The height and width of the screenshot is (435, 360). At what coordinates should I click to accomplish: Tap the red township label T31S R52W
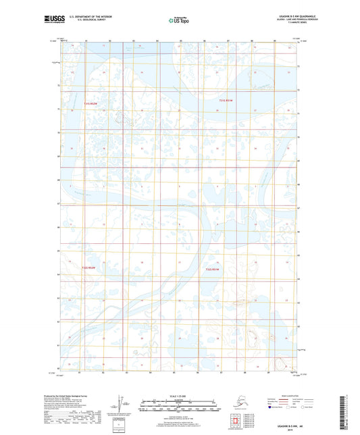tap(91, 103)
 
